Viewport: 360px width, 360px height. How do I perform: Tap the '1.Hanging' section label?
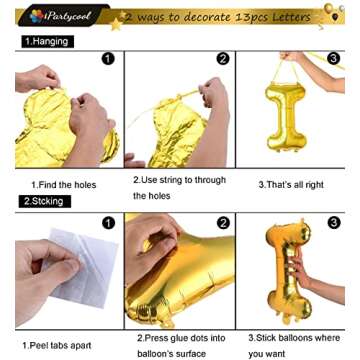46,41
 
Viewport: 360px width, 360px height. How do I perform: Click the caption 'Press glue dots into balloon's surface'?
177,345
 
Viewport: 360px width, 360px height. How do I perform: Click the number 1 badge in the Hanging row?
107,59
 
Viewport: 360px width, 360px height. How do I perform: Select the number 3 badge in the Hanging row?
333,59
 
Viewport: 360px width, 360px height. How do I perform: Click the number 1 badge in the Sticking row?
107,222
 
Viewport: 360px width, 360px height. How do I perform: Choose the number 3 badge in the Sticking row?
333,222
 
